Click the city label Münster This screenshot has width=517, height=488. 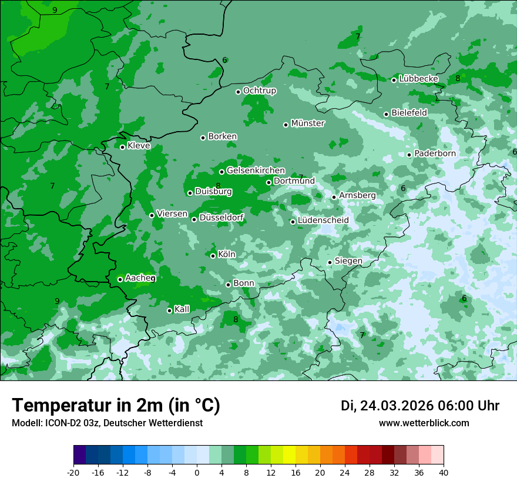(308, 123)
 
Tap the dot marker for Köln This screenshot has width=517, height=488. (213, 256)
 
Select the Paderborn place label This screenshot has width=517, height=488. (435, 153)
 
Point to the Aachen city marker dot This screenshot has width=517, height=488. (120, 279)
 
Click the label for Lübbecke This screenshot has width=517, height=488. (418, 79)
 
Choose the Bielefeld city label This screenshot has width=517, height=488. (409, 112)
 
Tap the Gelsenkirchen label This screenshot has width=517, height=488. (256, 171)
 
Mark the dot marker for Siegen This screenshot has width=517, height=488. (330, 262)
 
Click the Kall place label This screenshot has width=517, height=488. (182, 309)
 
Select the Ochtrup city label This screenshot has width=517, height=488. (259, 91)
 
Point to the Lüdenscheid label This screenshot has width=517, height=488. (323, 220)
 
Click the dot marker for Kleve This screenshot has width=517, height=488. (122, 147)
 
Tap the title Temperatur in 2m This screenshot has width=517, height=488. (116, 406)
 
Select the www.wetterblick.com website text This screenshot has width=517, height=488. (424, 423)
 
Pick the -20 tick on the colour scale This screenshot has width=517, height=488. (73, 472)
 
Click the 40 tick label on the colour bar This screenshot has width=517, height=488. (443, 472)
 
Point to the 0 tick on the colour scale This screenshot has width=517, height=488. (197, 472)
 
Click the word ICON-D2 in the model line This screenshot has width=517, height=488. (65, 423)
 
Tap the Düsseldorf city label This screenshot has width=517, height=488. (221, 218)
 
